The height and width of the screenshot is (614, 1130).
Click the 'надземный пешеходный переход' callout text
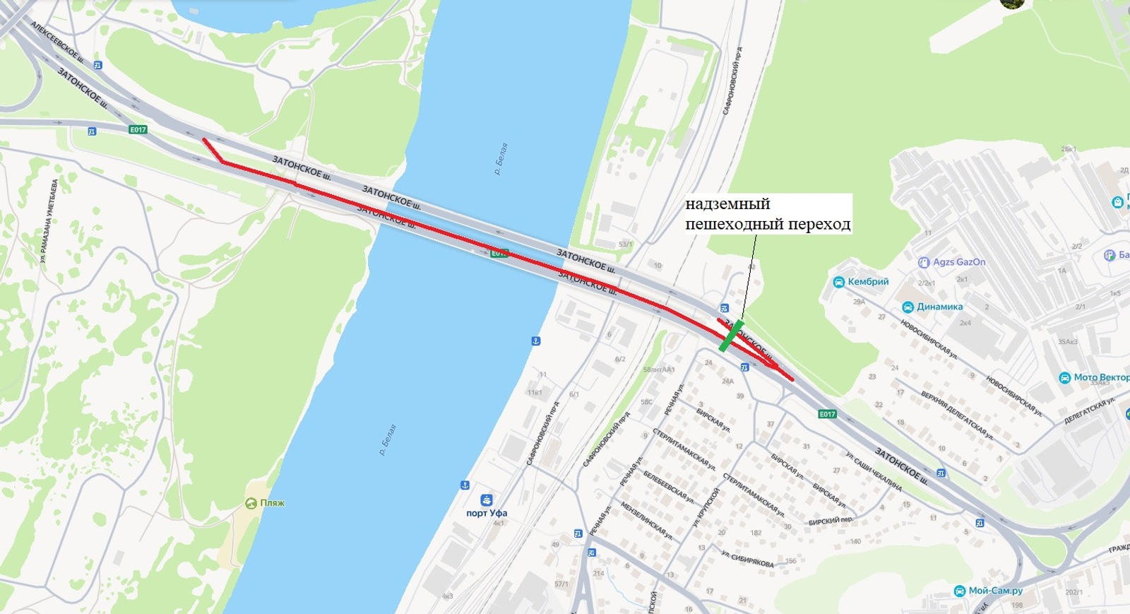[767, 214]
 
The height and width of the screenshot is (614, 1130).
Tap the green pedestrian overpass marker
[732, 336]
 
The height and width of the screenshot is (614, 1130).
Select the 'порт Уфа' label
[487, 513]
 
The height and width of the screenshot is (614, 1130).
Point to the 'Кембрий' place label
[868, 282]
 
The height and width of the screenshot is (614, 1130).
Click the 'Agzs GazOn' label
[958, 262]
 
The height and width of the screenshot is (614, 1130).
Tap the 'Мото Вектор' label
[1100, 377]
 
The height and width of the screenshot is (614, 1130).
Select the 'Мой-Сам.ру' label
[995, 591]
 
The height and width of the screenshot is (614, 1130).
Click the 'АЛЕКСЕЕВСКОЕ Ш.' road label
[57, 41]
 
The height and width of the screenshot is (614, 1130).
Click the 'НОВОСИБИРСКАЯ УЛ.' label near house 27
[928, 339]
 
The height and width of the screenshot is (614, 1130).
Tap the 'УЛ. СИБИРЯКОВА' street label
[747, 558]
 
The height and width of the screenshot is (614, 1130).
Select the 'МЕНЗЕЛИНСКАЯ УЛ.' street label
[646, 521]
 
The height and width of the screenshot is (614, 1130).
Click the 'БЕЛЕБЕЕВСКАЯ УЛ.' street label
[668, 487]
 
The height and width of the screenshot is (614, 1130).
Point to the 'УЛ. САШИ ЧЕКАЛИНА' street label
[874, 471]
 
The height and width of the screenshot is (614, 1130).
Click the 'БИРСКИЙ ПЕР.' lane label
[831, 521]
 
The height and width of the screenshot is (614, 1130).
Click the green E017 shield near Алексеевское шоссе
[138, 129]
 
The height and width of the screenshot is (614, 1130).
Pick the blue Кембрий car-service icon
[838, 283]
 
